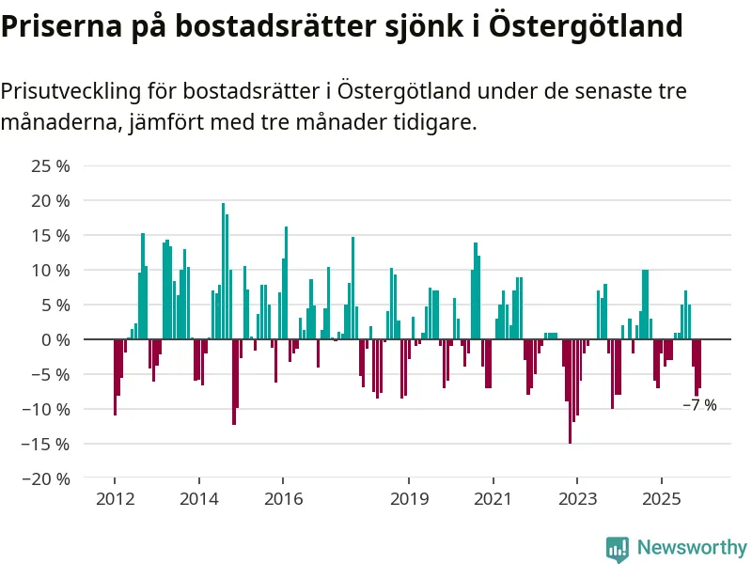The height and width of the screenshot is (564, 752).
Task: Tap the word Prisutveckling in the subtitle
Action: (70, 91)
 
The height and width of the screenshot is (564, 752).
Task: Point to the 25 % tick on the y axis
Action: (52, 166)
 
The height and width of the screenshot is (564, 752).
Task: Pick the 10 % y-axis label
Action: (52, 271)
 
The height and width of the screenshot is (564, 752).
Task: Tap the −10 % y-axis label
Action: (48, 409)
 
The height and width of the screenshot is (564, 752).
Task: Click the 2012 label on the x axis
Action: (114, 497)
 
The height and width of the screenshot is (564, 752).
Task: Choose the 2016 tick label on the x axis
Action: (283, 497)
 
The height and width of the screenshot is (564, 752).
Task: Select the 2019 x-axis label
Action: (409, 497)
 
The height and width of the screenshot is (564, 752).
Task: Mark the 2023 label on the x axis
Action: (577, 497)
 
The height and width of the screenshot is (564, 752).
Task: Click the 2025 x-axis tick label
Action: (661, 497)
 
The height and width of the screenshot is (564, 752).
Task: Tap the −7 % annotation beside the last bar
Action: (699, 405)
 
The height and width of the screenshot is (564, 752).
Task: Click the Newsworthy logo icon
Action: (618, 548)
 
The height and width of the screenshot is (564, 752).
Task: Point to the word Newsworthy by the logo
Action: (692, 547)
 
